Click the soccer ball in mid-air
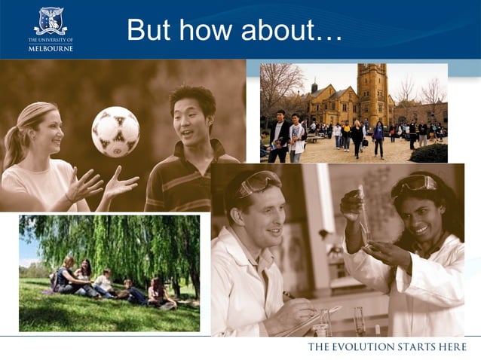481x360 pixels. pyautogui.click(x=115, y=132)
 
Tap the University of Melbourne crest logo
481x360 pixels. pyautogui.click(x=51, y=20)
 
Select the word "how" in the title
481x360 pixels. pyautogui.click(x=206, y=31)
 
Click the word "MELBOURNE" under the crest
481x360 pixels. pyautogui.click(x=51, y=48)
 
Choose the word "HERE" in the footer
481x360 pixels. pyautogui.click(x=455, y=347)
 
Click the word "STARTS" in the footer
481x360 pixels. pyautogui.click(x=415, y=347)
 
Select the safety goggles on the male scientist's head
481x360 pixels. pyautogui.click(x=257, y=183)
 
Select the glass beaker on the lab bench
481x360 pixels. pyautogui.click(x=326, y=322)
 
